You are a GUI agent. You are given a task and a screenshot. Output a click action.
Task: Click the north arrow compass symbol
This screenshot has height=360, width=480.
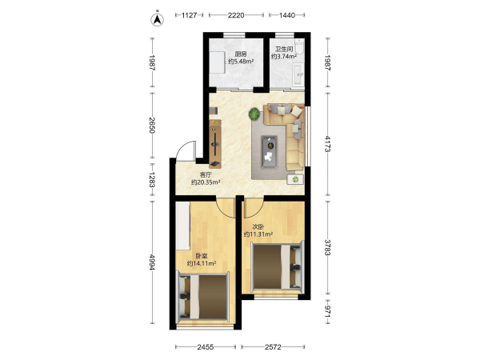pyautogui.click(x=157, y=18)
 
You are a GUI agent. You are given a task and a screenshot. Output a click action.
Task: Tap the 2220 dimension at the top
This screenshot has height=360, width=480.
pyautogui.click(x=236, y=15)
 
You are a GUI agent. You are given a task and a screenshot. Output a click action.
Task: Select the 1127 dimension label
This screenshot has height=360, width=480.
pyautogui.click(x=189, y=15)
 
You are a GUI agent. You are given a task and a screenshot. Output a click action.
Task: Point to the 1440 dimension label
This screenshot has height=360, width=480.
pyautogui.click(x=287, y=15)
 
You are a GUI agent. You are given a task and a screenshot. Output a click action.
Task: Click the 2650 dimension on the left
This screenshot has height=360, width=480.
pyautogui.click(x=152, y=125)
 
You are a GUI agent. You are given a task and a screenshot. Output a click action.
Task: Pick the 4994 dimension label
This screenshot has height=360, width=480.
pyautogui.click(x=152, y=262)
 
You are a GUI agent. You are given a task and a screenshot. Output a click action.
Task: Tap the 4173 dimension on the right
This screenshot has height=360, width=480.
pyautogui.click(x=327, y=144)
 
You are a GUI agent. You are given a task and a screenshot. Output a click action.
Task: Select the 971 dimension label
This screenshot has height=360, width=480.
pyautogui.click(x=327, y=312)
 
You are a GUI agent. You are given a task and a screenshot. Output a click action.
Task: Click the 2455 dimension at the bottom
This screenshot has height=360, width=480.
pyautogui.click(x=206, y=347)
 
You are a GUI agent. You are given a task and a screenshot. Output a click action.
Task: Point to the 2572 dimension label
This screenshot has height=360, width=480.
pyautogui.click(x=273, y=347)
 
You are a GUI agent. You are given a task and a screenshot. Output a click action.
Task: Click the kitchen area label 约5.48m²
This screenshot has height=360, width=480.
pyautogui.click(x=241, y=62)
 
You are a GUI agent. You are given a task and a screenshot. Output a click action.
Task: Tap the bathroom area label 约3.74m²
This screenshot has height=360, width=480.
pyautogui.click(x=284, y=56)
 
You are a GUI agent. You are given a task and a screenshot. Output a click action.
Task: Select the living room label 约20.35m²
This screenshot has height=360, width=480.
pyautogui.click(x=206, y=182)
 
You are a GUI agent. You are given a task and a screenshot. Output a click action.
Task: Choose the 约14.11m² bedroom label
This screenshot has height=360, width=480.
pyautogui.click(x=202, y=263)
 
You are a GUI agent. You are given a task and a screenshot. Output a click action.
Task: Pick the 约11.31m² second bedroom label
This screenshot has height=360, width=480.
pyautogui.click(x=258, y=234)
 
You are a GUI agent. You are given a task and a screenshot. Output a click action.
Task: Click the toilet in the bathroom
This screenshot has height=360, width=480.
pyautogui.click(x=299, y=46)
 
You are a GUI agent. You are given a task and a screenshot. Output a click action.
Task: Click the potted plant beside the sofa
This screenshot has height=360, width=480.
pyautogui.click(x=254, y=114)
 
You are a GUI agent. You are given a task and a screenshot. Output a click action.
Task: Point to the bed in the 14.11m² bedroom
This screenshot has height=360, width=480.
pyautogui.click(x=204, y=297)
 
